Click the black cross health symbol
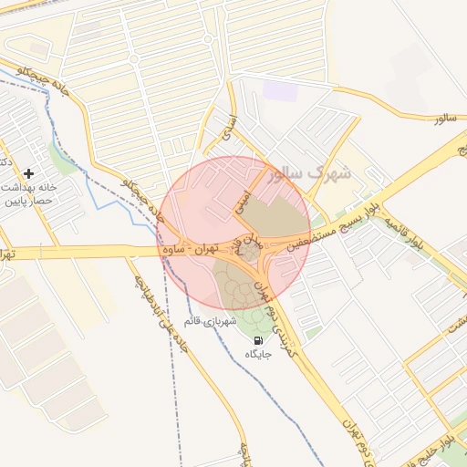tap(29, 172)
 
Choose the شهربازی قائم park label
tap(210, 321)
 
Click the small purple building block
tap(279, 91)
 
